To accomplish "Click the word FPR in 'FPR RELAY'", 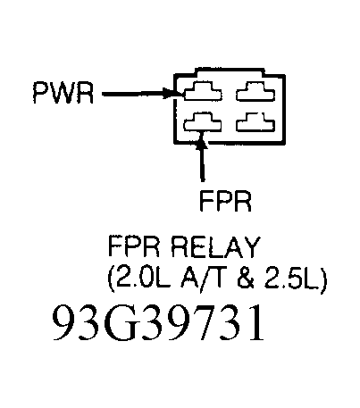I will point(127,246).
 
